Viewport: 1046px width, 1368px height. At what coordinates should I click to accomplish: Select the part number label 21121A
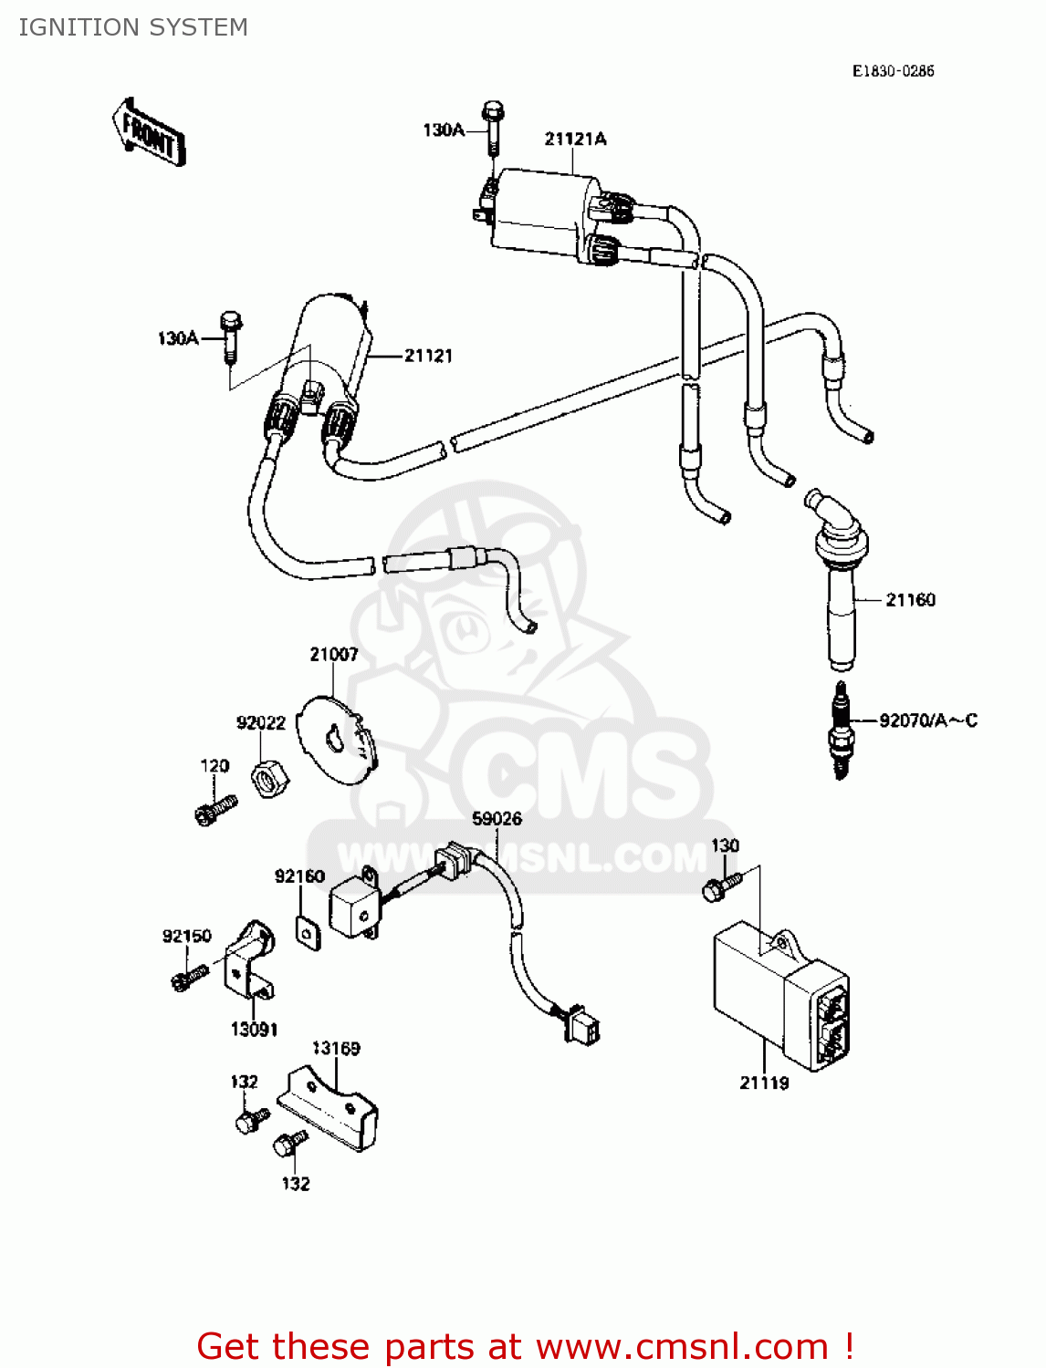(x=575, y=139)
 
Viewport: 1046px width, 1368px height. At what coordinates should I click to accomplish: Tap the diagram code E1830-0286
(x=893, y=71)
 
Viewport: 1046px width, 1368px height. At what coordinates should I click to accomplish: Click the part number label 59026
(x=497, y=818)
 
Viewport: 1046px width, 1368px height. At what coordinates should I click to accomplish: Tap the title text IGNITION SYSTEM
(x=133, y=27)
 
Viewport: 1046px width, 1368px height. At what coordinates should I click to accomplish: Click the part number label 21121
(x=428, y=356)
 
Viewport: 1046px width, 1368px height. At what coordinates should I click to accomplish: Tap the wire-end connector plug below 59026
(x=582, y=1025)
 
